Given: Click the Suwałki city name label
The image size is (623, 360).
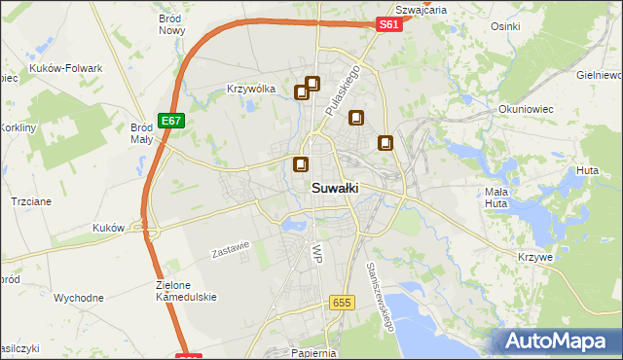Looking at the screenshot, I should [334, 189].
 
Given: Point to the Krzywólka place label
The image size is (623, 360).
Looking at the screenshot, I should [251, 89].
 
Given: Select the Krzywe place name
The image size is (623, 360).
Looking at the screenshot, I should [536, 257].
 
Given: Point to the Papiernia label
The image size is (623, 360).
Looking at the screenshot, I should [313, 352].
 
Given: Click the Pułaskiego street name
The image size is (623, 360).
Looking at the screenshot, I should [343, 93].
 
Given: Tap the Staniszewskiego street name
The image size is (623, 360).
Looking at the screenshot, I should [379, 296].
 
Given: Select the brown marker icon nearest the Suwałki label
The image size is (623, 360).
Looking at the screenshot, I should [302, 165].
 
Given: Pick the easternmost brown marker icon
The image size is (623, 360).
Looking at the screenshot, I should [386, 143].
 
